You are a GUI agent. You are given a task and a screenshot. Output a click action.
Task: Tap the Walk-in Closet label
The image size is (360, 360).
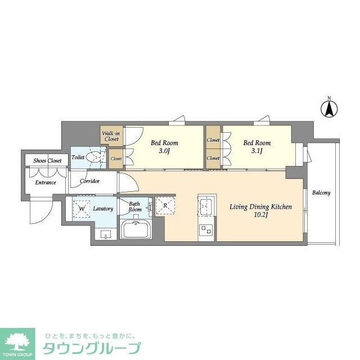pos(110,136)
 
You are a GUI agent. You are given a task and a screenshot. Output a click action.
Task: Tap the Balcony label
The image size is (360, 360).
pos(321,192)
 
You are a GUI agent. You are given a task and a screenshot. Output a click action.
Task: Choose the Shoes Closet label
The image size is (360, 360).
pos(48,160)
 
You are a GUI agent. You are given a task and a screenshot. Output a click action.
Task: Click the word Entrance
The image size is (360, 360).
pos(46,182)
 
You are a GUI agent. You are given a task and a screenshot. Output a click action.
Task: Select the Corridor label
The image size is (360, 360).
pos(90,181)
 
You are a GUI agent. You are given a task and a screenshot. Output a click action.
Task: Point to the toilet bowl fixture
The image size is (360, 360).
pos(97,158)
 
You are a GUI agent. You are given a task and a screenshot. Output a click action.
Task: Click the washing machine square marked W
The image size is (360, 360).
pos(82,209)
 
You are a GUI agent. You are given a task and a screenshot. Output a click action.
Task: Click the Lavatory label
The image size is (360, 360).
pos(103,209)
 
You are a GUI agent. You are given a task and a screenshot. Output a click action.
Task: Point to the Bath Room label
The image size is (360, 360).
pos(135,206)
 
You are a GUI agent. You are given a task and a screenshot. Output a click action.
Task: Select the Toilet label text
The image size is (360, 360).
pos(78,157)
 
